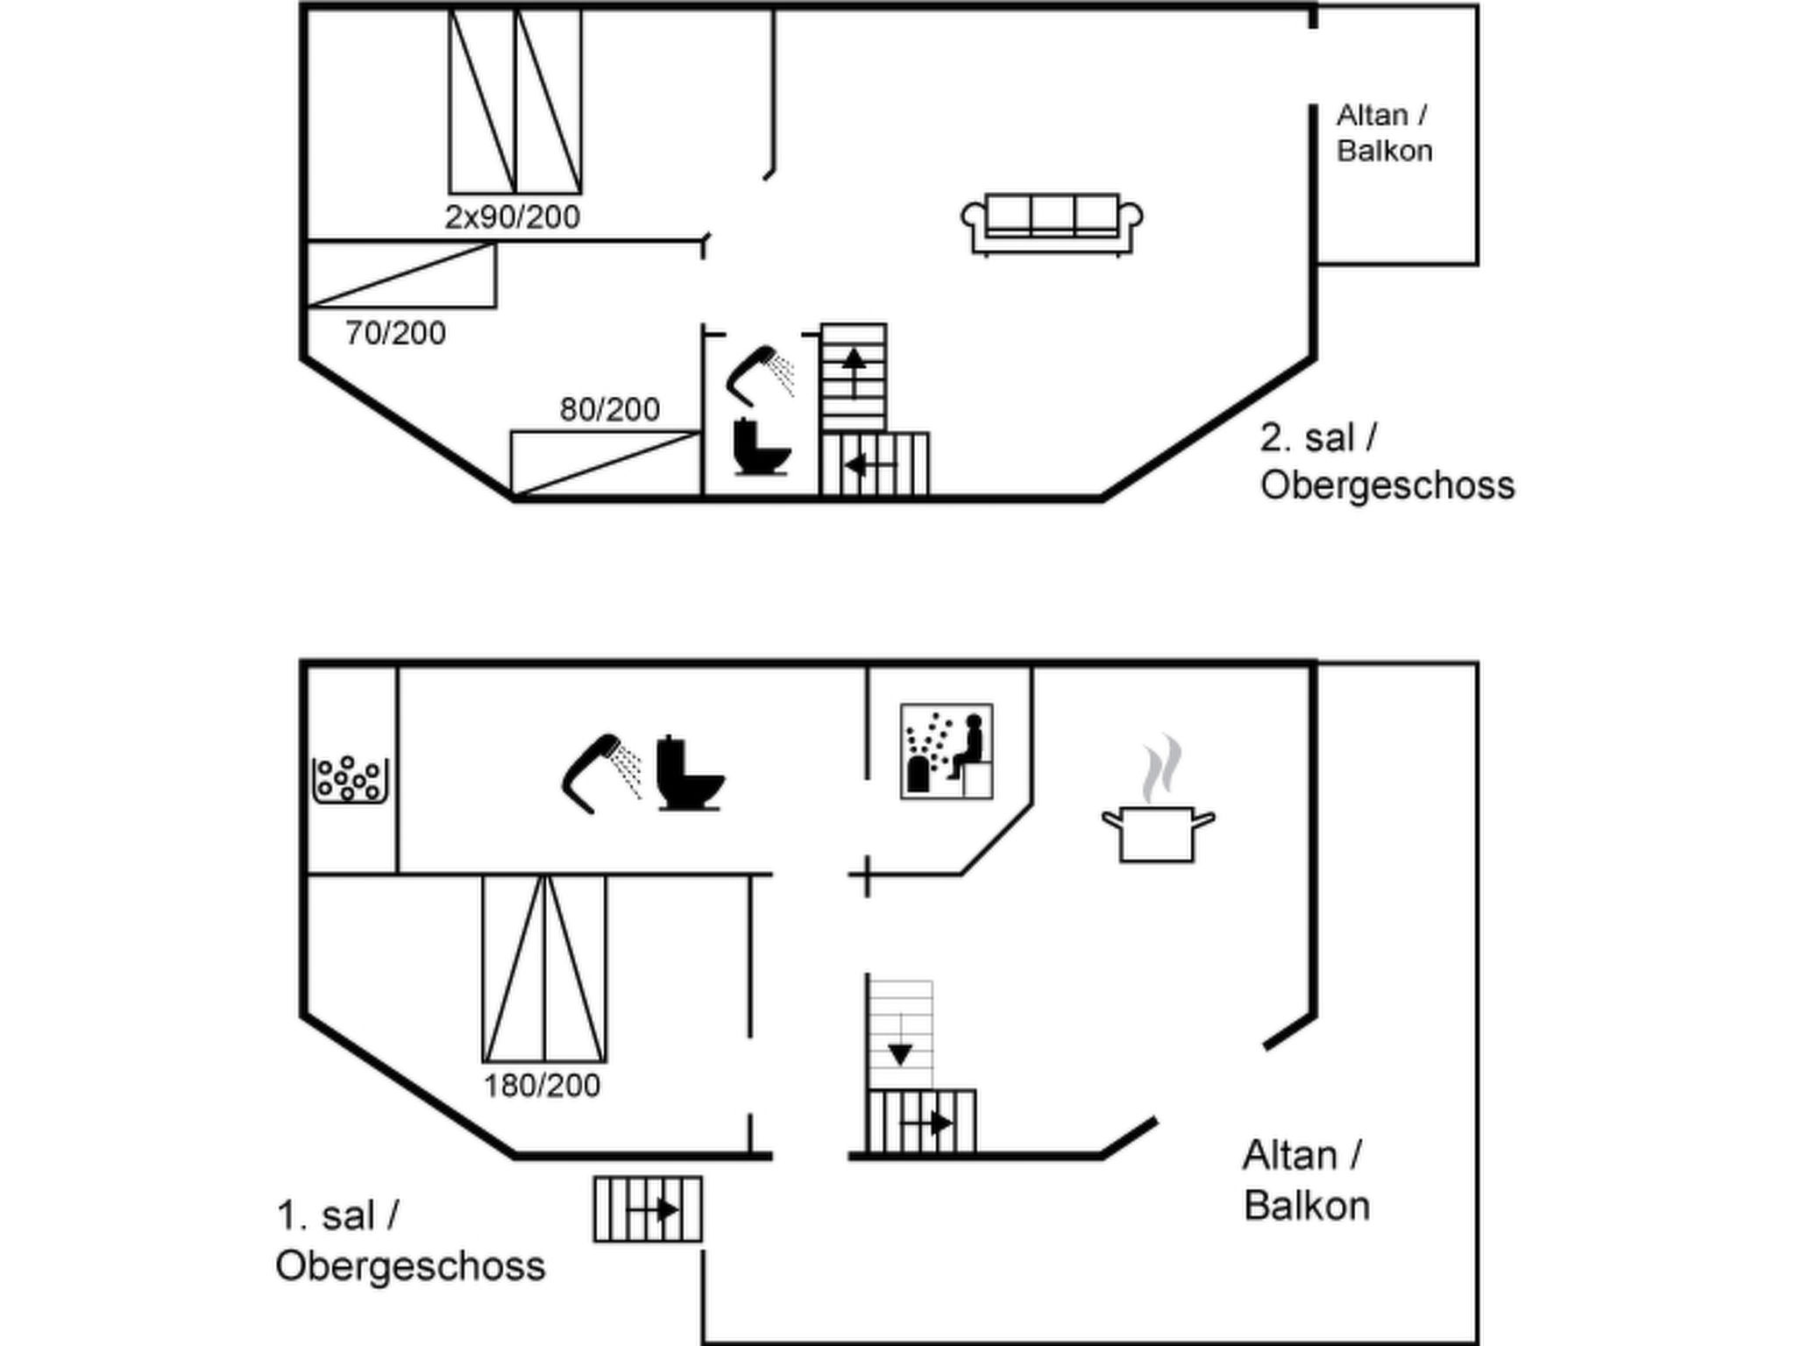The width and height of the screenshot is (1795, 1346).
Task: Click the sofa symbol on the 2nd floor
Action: [x=1052, y=224]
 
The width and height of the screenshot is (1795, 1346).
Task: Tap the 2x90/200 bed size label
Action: [x=513, y=216]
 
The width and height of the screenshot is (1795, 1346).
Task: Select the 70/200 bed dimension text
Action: [x=395, y=333]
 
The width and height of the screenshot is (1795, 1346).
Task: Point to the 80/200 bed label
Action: [x=610, y=409]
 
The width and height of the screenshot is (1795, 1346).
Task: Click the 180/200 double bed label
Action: [x=543, y=1086]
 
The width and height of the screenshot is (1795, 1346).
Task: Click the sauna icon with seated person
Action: [x=947, y=751]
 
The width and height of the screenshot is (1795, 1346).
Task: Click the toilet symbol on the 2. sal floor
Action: [x=762, y=447]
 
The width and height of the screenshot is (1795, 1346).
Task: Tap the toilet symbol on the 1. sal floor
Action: [x=691, y=772]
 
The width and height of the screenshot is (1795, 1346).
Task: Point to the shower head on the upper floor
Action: [x=760, y=375]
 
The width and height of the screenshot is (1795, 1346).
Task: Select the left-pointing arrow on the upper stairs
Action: [x=870, y=464]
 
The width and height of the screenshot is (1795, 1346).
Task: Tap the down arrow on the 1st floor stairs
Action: [x=900, y=1040]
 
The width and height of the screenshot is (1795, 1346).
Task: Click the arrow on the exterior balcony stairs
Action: [x=654, y=1210]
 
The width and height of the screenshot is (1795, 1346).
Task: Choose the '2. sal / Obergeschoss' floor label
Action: [x=1387, y=462]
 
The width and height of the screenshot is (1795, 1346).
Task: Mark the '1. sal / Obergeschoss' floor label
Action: [x=410, y=1241]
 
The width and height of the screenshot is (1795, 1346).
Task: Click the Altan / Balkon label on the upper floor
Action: [x=1385, y=133]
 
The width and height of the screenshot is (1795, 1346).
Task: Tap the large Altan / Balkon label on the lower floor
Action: [x=1306, y=1180]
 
